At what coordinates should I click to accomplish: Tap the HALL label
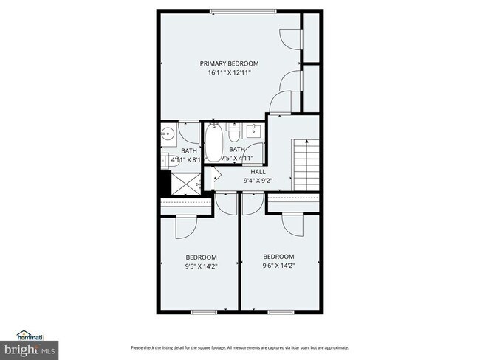258,171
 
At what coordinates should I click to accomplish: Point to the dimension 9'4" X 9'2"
258,179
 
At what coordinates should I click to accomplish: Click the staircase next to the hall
306,163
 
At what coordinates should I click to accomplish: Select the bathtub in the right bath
213,142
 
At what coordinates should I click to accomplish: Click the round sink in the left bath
168,134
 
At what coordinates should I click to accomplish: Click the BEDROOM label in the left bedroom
201,257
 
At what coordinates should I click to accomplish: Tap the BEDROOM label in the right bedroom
279,256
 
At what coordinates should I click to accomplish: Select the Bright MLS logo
30,347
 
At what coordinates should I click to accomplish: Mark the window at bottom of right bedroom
281,312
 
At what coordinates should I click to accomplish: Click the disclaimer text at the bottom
239,347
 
